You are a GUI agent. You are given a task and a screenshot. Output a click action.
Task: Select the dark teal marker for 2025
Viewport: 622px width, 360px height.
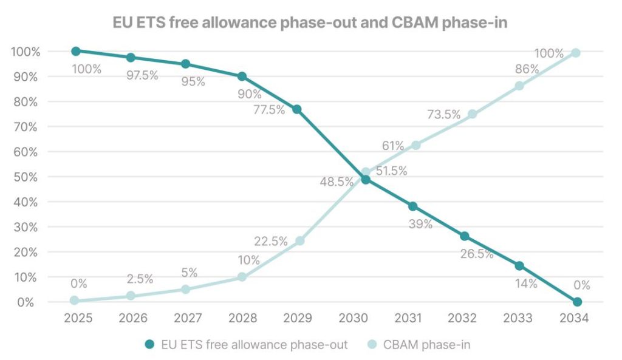coord(75,51)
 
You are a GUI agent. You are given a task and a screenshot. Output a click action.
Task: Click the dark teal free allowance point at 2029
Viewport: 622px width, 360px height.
coord(297,109)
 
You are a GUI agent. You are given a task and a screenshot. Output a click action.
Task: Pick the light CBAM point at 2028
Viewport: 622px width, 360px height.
coord(242,277)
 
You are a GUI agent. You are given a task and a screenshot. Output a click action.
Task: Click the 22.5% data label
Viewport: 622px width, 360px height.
coord(271,241)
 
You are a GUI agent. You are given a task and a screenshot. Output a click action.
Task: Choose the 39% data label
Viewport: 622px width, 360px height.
coord(420,224)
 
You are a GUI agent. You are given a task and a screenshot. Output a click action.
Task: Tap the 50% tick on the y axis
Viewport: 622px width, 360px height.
coord(25,177)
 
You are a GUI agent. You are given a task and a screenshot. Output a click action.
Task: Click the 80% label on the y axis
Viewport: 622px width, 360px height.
coord(25,102)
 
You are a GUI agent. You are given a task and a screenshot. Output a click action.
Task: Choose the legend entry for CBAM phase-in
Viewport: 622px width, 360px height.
coord(419,345)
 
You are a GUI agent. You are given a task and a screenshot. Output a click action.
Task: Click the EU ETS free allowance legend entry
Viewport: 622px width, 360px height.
coord(246,345)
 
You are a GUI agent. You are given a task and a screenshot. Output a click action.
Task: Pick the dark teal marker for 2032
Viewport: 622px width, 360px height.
coord(465,236)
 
